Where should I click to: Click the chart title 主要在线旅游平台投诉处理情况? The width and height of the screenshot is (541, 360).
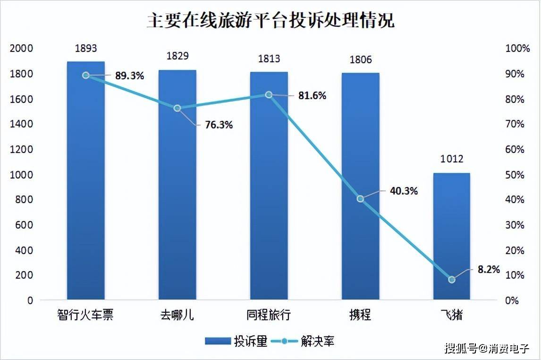point(270,21)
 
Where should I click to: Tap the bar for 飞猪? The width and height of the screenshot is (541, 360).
point(452,236)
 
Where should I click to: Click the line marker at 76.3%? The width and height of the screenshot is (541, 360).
point(178,108)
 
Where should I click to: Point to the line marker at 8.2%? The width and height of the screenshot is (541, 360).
point(452,280)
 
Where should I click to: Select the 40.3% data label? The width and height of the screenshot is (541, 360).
point(404,191)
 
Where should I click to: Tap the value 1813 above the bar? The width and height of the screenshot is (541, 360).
point(269,59)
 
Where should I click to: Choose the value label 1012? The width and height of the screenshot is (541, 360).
point(452,159)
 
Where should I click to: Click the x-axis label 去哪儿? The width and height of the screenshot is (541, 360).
point(177,315)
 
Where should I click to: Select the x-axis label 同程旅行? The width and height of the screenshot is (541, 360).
point(269,315)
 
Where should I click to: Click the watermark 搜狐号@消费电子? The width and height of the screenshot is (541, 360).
point(486,349)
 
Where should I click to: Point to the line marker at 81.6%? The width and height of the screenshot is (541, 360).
point(269,94)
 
